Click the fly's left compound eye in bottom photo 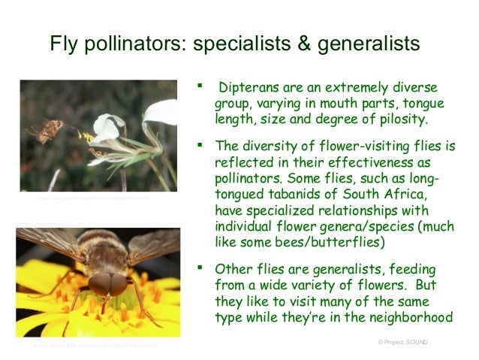click(99, 283)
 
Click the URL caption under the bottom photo click(94, 346)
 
